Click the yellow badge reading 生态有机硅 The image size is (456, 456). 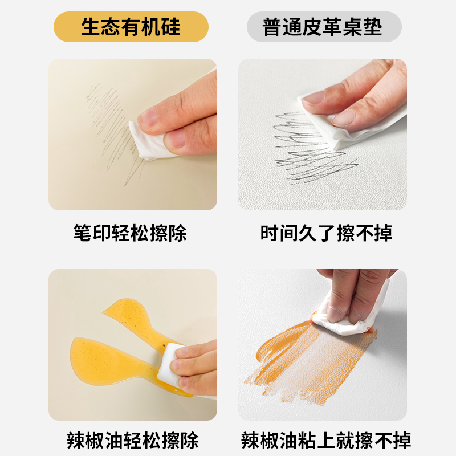pos(131,27)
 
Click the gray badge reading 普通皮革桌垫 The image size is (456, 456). pos(324,27)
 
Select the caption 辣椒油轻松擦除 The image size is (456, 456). pos(132,440)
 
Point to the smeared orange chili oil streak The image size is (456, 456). pos(308,353)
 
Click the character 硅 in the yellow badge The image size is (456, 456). pos(170,27)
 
